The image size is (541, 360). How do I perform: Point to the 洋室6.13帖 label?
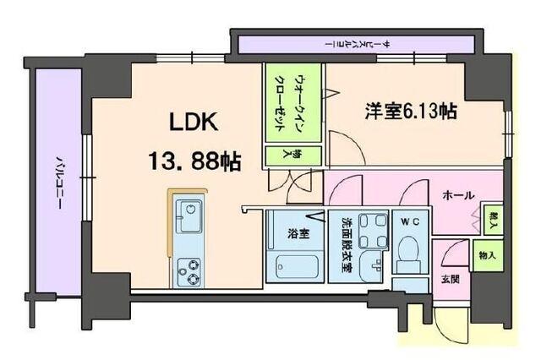point(411,112)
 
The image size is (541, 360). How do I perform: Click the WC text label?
point(411,221)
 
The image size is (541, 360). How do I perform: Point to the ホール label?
point(457,195)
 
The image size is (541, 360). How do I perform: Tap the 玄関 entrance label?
point(450,278)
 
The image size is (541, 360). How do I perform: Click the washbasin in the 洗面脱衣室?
point(372,268)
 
